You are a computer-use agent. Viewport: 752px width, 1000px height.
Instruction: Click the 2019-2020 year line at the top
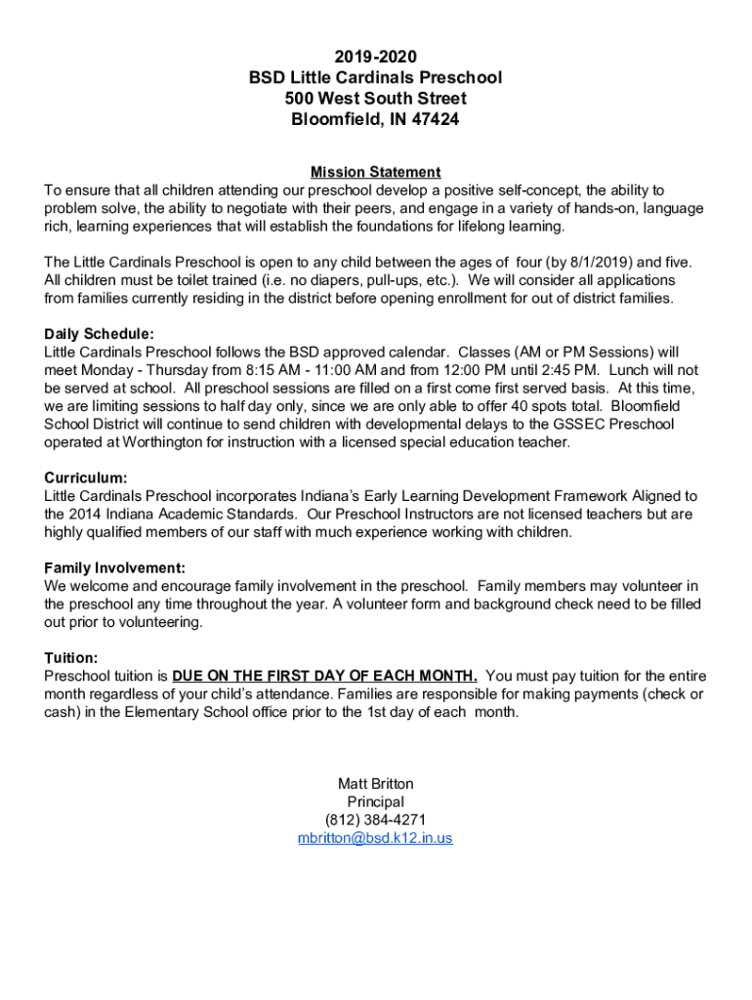(x=375, y=57)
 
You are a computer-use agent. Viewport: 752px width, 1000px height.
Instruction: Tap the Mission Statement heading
(x=375, y=172)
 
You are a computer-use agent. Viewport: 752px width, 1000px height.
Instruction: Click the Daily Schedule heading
(x=99, y=333)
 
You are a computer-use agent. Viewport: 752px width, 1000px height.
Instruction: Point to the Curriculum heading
(x=86, y=478)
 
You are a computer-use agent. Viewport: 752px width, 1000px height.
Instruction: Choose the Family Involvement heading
(x=115, y=567)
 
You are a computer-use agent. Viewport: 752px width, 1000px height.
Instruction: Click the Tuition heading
(x=71, y=657)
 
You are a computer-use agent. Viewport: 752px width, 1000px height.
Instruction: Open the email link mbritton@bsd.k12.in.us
(x=375, y=838)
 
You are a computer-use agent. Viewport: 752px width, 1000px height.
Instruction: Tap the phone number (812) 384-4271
(x=375, y=819)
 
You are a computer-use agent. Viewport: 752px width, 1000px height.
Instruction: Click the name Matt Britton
(x=375, y=783)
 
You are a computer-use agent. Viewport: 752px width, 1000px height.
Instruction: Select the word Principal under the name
(x=375, y=802)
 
